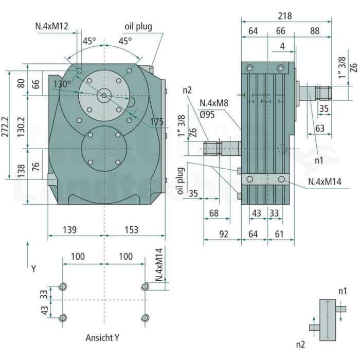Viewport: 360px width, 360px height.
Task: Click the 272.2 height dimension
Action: (x=5, y=127)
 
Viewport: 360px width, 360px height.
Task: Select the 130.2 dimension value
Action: (x=21, y=127)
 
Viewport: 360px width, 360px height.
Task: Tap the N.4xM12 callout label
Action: (x=51, y=26)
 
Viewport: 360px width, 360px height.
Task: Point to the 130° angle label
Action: (x=62, y=84)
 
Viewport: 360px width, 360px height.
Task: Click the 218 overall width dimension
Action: (x=285, y=16)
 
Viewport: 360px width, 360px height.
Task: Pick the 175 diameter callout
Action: (x=157, y=122)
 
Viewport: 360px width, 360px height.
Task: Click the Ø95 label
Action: (x=207, y=114)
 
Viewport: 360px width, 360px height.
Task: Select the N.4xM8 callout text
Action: (x=214, y=103)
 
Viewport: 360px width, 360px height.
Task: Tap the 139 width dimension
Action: (x=70, y=229)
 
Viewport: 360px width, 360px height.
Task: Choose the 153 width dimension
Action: (x=131, y=229)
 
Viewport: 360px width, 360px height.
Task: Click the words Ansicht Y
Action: (x=102, y=337)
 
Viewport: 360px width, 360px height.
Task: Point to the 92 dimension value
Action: (x=224, y=234)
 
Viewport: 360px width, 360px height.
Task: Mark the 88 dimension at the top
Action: (x=315, y=31)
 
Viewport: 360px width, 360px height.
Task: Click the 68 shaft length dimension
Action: (x=214, y=213)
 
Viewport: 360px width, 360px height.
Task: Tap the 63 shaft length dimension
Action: (x=320, y=129)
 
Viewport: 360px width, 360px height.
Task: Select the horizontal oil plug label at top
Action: (x=138, y=27)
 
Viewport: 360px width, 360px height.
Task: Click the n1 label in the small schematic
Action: (x=343, y=291)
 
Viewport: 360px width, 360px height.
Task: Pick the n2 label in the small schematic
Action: (x=300, y=345)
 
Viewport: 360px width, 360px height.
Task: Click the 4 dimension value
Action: (x=282, y=46)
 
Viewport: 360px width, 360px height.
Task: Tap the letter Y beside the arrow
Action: (x=34, y=268)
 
